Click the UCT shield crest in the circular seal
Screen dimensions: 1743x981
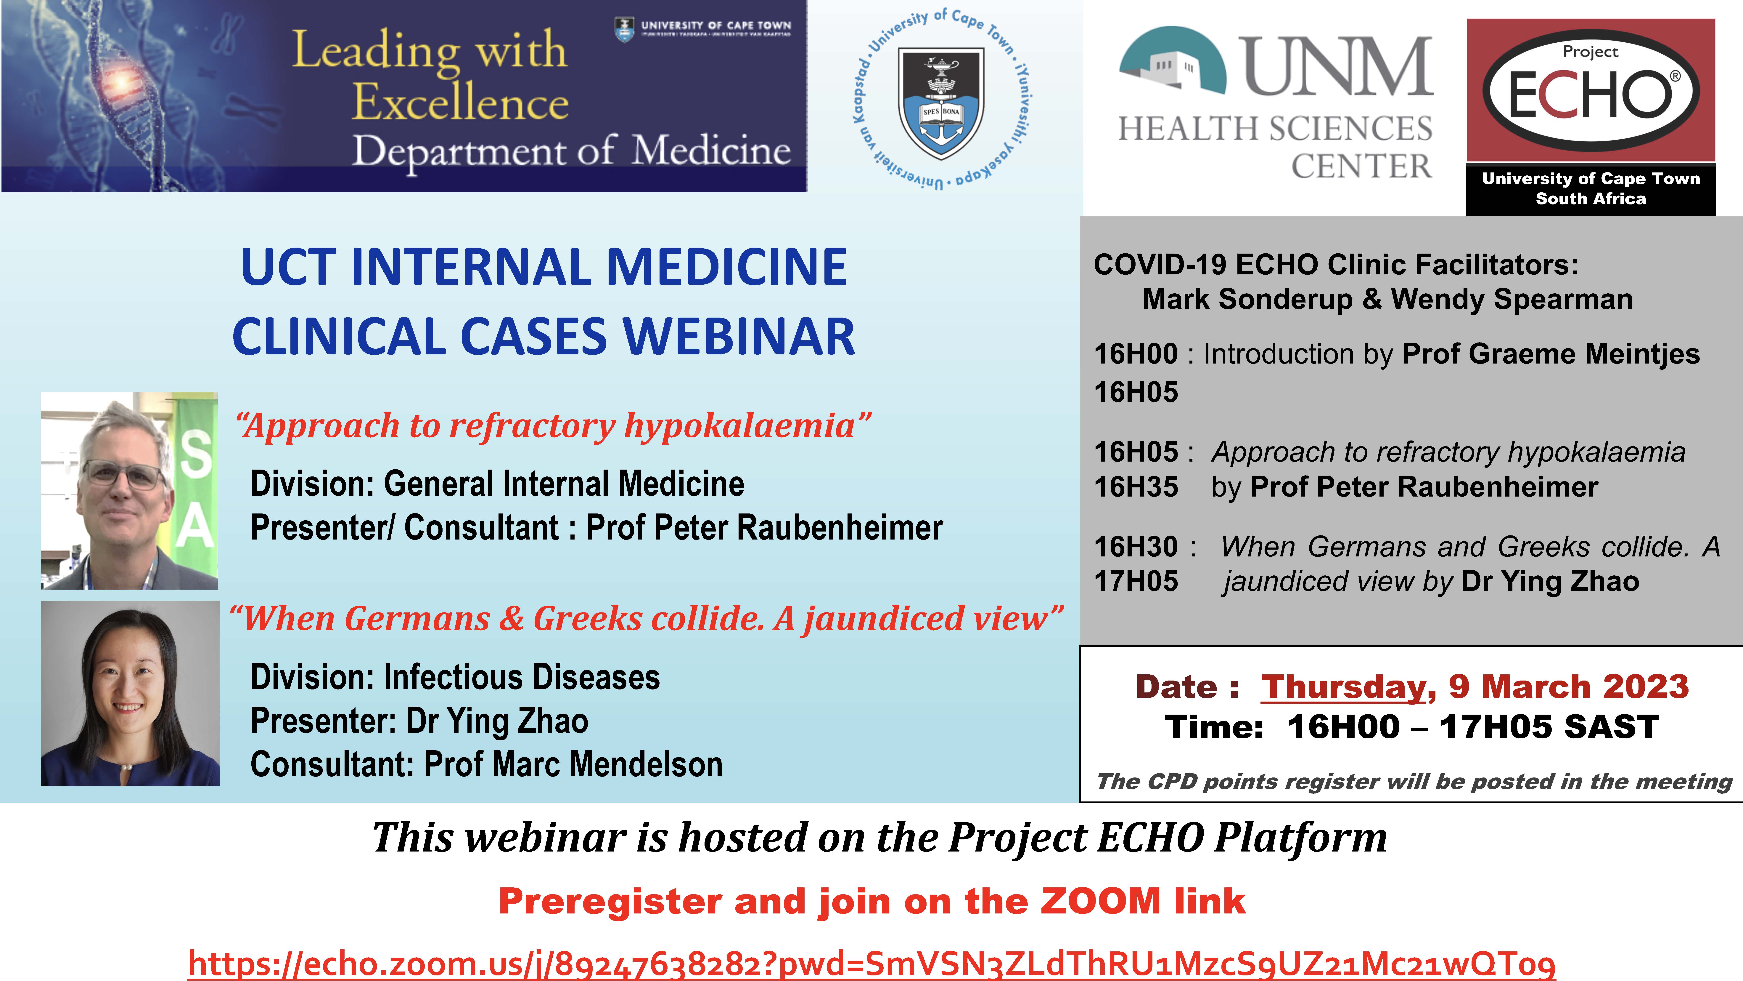pyautogui.click(x=941, y=102)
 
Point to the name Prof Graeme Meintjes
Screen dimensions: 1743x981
pyautogui.click(x=1551, y=354)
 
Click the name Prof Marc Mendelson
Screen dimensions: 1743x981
pyautogui.click(x=573, y=764)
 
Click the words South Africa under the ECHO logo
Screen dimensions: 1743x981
pyautogui.click(x=1591, y=198)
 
